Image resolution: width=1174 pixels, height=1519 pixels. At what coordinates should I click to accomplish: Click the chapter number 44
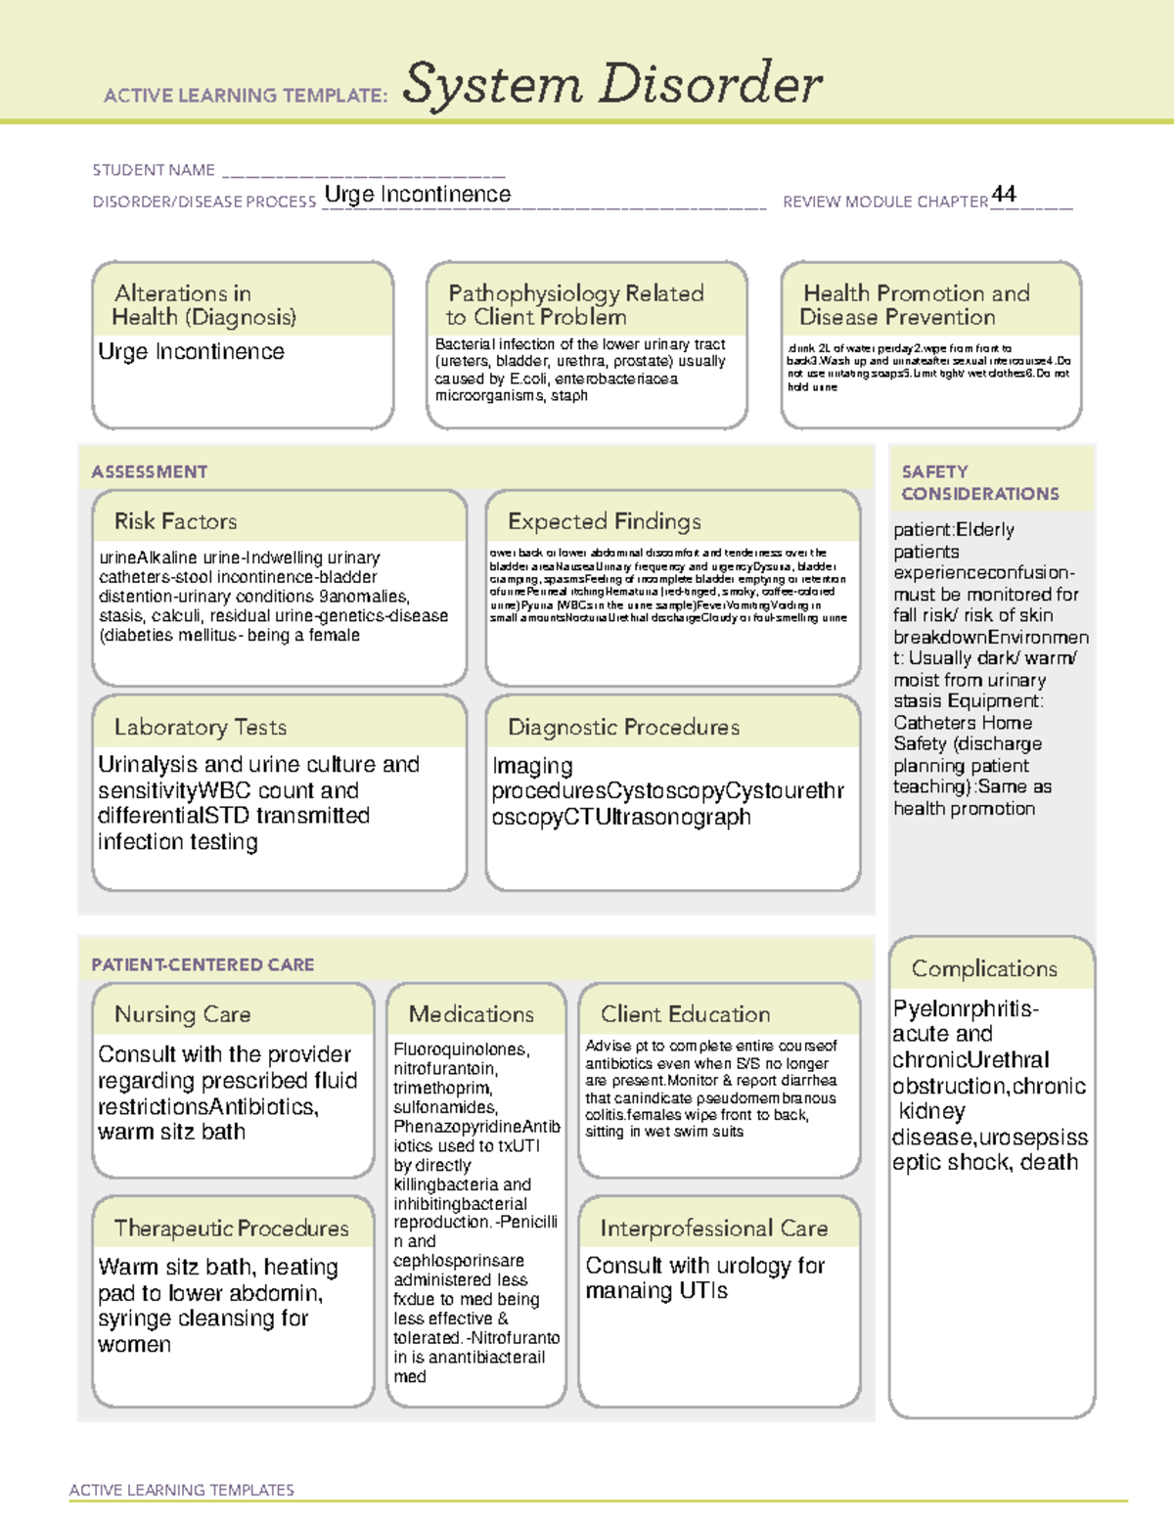(1004, 194)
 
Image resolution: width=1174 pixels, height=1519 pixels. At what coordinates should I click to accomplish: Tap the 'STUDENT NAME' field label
(154, 170)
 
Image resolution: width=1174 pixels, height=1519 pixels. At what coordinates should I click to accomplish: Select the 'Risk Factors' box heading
(175, 521)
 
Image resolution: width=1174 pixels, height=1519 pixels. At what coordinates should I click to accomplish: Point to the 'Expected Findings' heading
(604, 521)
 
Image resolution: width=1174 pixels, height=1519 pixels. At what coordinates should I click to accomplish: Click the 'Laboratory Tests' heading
(200, 727)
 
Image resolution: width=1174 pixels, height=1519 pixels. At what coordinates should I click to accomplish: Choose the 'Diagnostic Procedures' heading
(623, 727)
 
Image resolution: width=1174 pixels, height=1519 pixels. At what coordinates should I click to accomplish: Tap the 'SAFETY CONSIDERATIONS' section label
(979, 483)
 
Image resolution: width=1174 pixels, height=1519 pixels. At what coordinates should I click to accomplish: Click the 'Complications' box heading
(984, 968)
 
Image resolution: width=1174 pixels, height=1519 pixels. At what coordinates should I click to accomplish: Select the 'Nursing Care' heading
(182, 1014)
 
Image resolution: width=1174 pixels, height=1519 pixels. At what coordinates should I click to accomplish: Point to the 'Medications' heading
(471, 1014)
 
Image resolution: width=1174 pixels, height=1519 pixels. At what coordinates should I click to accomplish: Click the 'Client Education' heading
(685, 1014)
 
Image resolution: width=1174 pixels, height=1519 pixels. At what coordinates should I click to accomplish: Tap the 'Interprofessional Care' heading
(713, 1228)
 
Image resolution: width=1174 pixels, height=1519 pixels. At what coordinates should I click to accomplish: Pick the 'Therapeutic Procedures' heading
(231, 1228)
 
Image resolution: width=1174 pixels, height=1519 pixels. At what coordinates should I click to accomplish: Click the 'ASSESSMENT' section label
(149, 471)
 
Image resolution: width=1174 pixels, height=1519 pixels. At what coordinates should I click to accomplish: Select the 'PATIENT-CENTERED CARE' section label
(203, 964)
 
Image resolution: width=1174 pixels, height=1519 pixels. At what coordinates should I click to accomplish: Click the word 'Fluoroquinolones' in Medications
(460, 1050)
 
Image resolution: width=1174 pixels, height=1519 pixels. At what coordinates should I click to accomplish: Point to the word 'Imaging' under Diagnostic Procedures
(532, 766)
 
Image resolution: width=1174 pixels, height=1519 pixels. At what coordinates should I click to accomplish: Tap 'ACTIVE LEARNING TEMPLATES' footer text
(181, 1490)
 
